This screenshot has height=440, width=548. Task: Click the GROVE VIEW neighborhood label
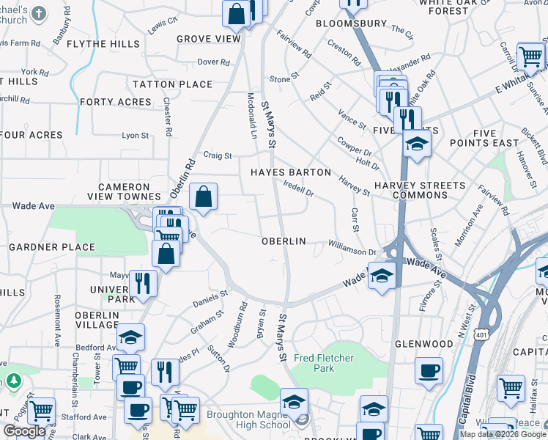coord(208,39)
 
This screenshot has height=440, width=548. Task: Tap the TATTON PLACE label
coord(174,84)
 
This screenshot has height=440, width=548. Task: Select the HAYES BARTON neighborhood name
coord(291,173)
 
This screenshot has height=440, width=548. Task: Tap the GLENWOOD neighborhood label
coord(424,343)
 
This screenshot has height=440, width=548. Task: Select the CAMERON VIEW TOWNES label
coord(129,191)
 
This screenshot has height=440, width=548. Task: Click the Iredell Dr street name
coord(298,191)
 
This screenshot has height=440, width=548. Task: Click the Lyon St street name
coord(135,136)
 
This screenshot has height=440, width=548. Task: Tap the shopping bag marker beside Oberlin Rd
coord(204,196)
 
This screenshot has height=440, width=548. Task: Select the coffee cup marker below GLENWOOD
coord(429,370)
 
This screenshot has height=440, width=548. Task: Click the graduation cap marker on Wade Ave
coord(381,276)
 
